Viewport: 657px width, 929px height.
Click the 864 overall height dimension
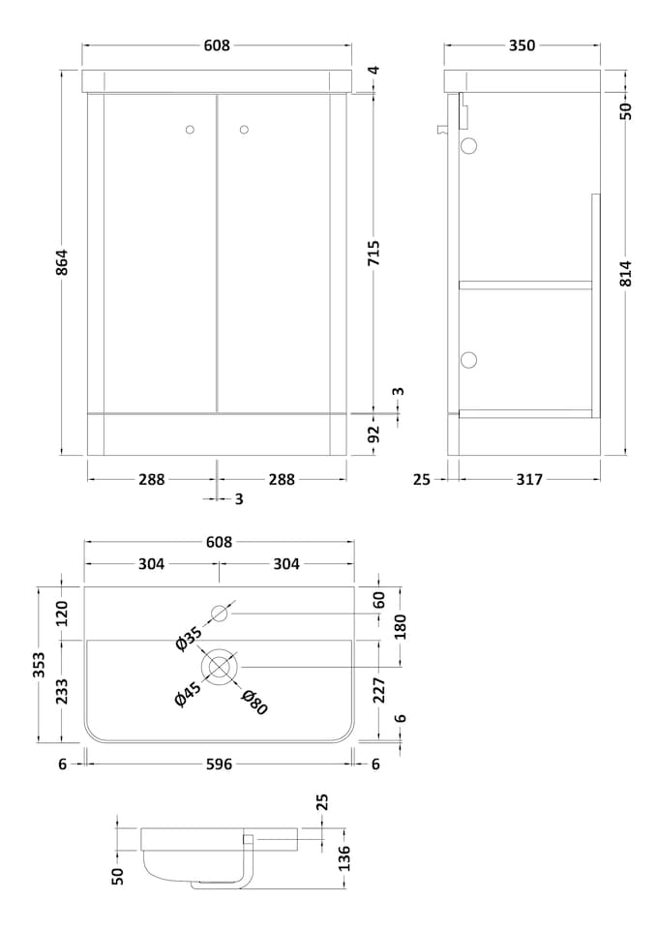[62, 261]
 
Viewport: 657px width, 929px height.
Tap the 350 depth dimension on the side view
[522, 45]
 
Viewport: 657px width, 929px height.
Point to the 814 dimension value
[625, 273]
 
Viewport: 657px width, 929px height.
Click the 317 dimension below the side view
[528, 478]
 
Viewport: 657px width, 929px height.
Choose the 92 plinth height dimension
[374, 433]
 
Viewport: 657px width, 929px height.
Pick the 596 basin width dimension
[219, 764]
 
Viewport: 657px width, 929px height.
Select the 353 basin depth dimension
[39, 665]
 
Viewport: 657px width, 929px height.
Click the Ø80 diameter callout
[254, 702]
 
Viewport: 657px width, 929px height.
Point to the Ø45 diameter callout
[188, 694]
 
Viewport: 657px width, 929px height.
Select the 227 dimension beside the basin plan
[379, 689]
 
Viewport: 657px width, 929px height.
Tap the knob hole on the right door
[243, 129]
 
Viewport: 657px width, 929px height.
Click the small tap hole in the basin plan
[220, 613]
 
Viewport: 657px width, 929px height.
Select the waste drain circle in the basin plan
[220, 667]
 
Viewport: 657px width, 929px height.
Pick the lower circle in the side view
[469, 360]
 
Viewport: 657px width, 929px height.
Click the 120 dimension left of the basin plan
[62, 613]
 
